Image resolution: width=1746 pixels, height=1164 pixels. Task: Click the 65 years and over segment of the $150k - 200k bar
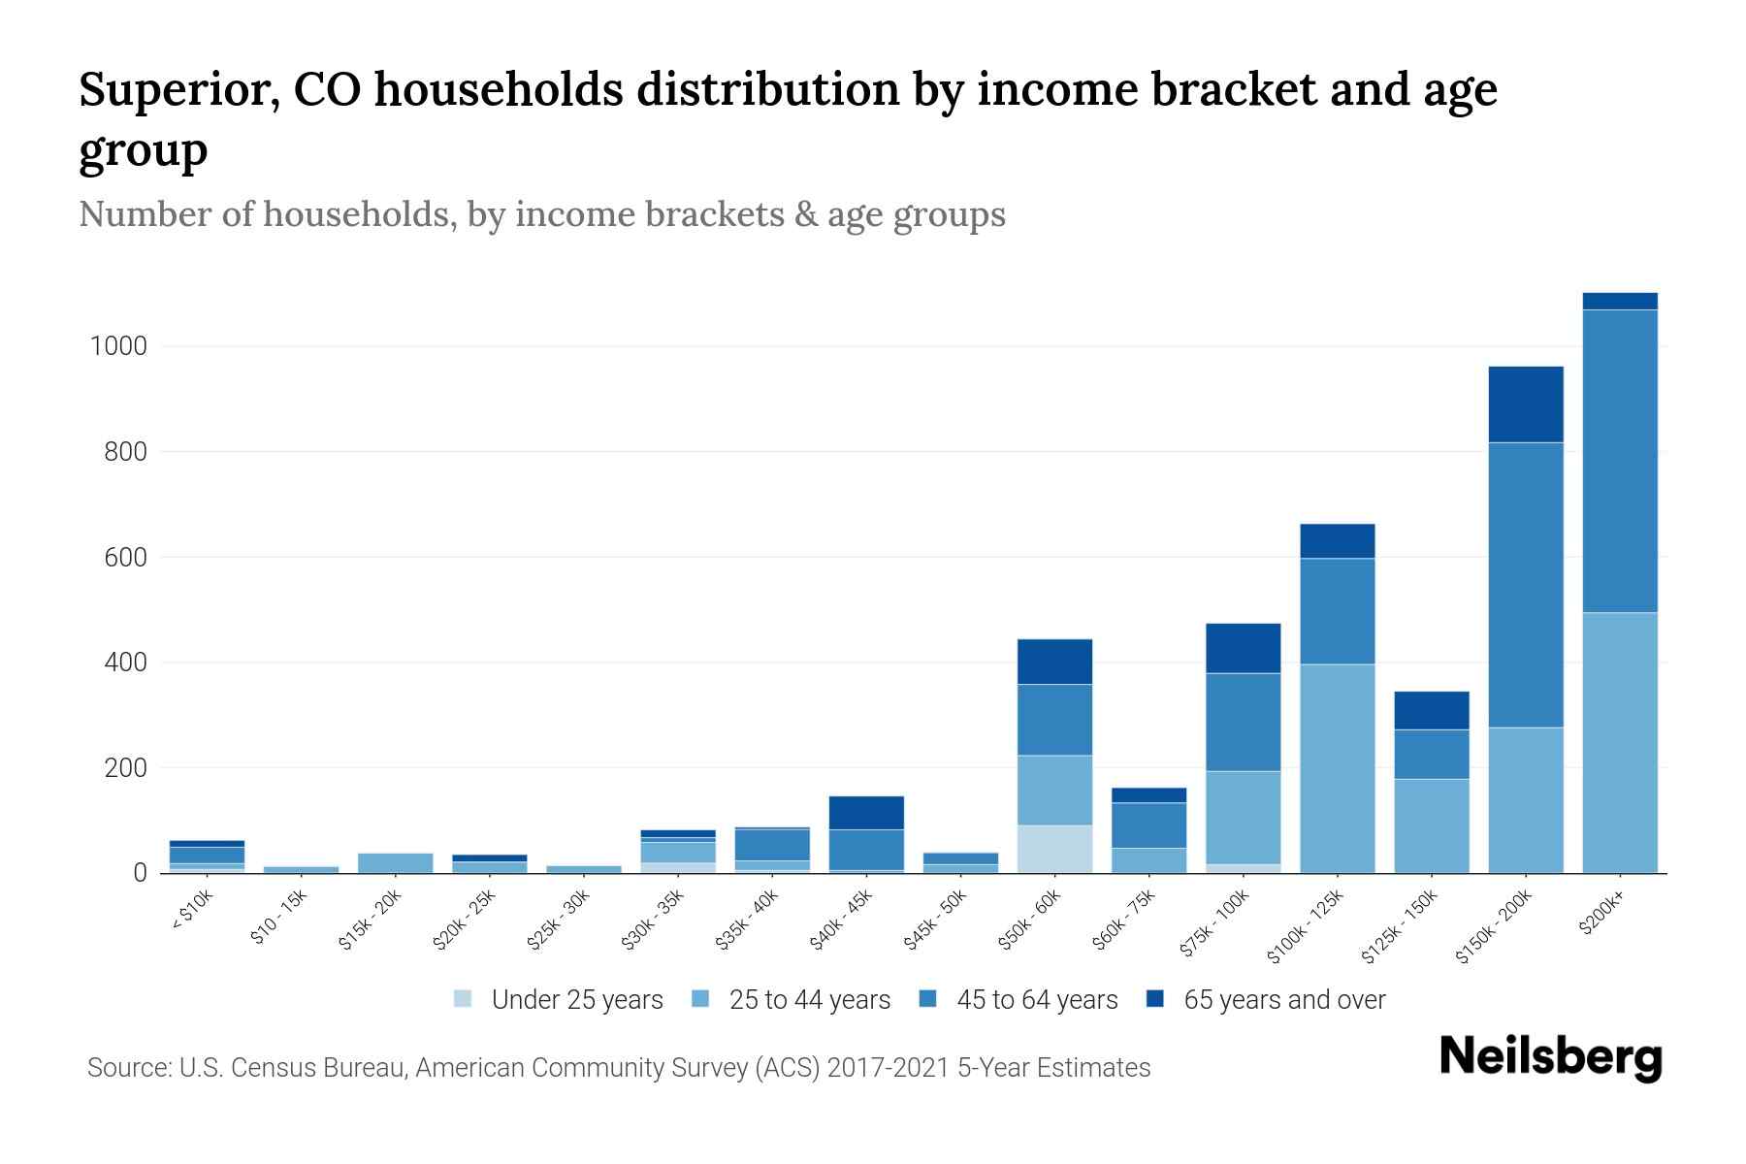coord(1526,404)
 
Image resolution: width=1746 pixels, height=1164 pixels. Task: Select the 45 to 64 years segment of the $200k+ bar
coord(1620,461)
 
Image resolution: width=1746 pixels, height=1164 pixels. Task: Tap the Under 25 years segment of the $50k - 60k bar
coord(1054,849)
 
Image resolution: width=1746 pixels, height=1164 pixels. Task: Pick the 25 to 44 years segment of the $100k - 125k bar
coord(1338,768)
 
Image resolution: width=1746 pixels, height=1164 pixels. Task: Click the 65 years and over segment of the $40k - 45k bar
coord(866,813)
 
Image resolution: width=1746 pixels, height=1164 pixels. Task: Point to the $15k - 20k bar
coord(395,862)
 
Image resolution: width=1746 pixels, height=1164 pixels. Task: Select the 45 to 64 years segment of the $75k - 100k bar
coord(1244,722)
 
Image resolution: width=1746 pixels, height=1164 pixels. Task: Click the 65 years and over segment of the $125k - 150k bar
coord(1432,710)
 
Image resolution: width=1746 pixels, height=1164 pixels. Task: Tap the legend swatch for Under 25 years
coord(464,999)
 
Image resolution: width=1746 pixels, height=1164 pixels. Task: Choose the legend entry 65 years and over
coord(1284,1000)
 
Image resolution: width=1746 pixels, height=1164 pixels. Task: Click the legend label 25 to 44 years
coord(809,1000)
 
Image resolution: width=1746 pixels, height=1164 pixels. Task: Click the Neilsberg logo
coord(1550,1057)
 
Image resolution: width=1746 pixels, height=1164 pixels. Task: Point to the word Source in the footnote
coord(127,1068)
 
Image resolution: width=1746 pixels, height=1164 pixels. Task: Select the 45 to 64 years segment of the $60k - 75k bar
coord(1149,825)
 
